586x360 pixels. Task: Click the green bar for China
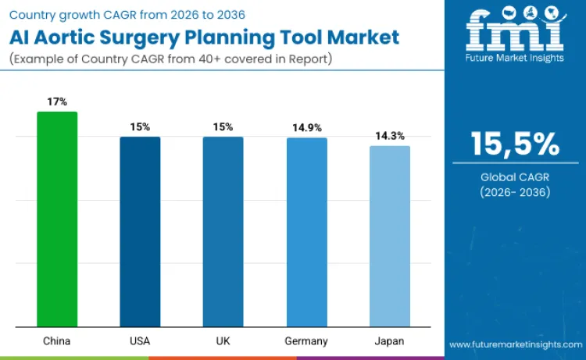click(x=57, y=219)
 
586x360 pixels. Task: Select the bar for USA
click(x=140, y=231)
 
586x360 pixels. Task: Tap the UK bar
click(x=223, y=231)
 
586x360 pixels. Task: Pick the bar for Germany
click(x=306, y=232)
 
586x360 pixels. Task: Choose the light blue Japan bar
click(x=389, y=236)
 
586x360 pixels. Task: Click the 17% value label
click(x=57, y=102)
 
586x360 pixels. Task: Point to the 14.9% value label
click(x=306, y=127)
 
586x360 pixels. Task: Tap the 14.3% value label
click(x=389, y=135)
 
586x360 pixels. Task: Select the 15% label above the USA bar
click(x=140, y=127)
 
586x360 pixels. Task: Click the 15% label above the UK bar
click(x=223, y=127)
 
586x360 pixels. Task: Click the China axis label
click(x=57, y=341)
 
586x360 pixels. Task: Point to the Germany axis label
click(x=306, y=341)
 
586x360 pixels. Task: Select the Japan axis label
click(x=389, y=341)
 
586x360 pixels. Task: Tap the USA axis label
click(x=140, y=341)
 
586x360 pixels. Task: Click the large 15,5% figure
click(x=514, y=146)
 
